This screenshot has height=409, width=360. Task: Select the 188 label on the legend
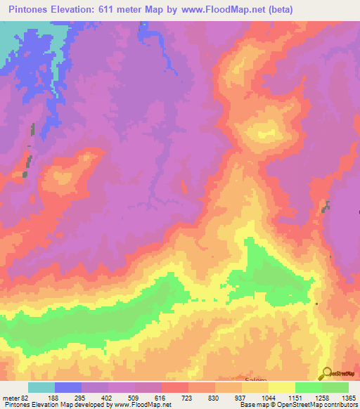(65, 398)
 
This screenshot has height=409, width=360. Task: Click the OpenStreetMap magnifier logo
(326, 373)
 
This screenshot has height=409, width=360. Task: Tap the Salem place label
(255, 379)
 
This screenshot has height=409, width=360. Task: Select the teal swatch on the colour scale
(41, 387)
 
